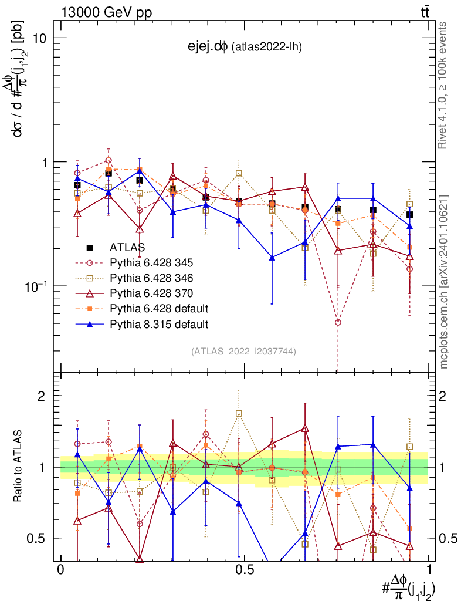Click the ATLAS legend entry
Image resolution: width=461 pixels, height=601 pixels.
coord(127,248)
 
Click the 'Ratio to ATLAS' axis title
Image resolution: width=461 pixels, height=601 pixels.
coord(19,467)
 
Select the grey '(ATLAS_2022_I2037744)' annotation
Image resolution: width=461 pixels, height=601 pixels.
coord(243,352)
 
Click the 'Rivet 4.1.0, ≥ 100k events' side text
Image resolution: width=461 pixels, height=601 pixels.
coord(444,85)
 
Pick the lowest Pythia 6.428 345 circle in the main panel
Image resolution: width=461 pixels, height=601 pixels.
coord(338,322)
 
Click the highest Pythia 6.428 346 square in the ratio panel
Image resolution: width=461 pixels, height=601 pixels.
coord(239,414)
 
